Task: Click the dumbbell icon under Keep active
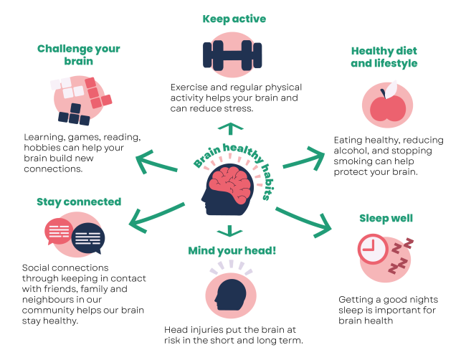(232, 55)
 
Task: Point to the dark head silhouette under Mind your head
(232, 295)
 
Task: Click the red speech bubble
(59, 231)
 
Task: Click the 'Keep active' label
(234, 19)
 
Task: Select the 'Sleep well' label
(386, 218)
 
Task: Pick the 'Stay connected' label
(79, 202)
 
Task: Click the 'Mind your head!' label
(232, 251)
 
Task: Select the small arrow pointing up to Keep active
(230, 129)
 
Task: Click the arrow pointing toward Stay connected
(156, 217)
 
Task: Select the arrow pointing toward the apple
(304, 158)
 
